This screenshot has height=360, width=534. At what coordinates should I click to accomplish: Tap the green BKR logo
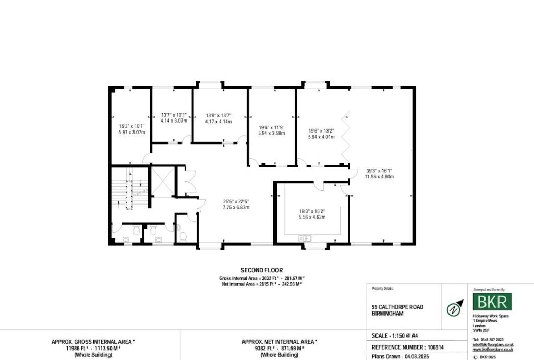tap(492, 302)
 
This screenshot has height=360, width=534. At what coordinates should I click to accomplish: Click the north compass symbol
tap(455, 307)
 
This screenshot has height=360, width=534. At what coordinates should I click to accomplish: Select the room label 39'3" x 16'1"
tap(379, 173)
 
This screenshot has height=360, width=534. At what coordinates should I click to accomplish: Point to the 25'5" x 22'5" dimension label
tap(236, 204)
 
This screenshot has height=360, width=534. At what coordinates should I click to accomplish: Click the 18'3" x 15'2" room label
tap(312, 213)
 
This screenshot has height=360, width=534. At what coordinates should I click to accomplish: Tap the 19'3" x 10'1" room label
tap(131, 129)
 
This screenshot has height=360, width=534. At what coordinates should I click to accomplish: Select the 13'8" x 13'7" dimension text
tap(218, 118)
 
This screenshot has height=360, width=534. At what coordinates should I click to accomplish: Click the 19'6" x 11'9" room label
tap(272, 130)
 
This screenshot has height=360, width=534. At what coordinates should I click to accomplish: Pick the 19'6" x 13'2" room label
tap(321, 134)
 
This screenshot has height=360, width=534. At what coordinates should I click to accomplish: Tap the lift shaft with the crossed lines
tap(163, 182)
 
